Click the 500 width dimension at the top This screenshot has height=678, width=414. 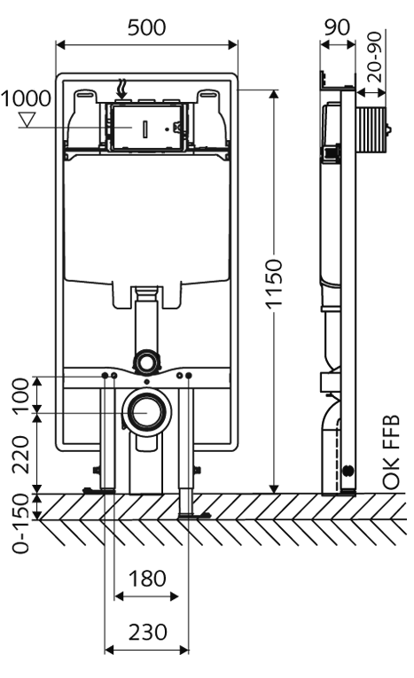tap(146, 27)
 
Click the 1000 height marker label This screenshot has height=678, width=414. tap(26, 98)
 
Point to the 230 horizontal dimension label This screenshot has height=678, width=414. tap(147, 633)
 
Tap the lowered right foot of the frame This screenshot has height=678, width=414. tap(190, 513)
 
